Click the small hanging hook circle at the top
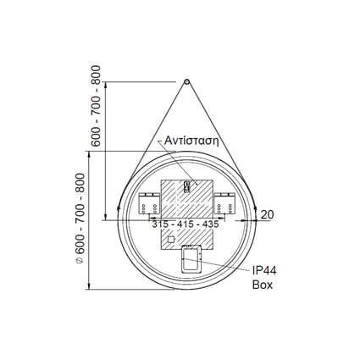(x=186, y=81)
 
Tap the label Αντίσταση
(x=191, y=141)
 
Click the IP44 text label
(x=264, y=271)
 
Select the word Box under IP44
(x=263, y=285)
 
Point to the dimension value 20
(x=267, y=215)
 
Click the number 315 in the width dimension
(x=161, y=224)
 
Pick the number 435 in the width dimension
(x=210, y=224)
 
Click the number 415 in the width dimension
(x=186, y=224)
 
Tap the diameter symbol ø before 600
(x=80, y=260)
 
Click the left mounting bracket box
(x=149, y=203)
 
